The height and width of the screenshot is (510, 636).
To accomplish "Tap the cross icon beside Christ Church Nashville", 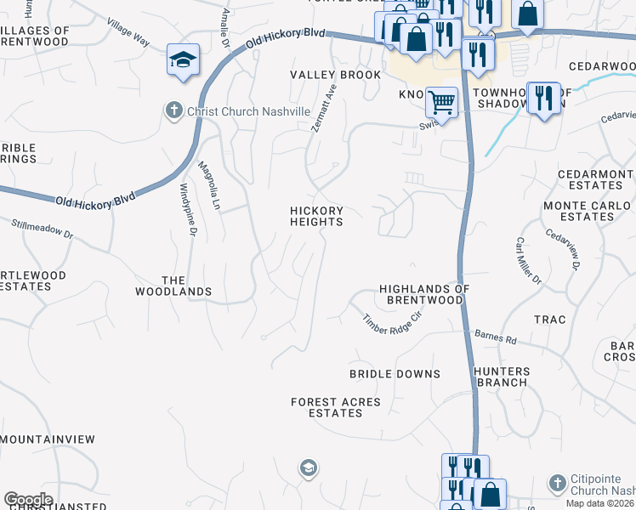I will [173, 110].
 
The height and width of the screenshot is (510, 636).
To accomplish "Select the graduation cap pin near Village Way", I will [183, 59].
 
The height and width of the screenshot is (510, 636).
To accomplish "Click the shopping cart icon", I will [440, 102].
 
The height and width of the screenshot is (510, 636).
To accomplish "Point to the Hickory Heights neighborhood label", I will [316, 216].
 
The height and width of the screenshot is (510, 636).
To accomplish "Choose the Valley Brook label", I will [336, 75].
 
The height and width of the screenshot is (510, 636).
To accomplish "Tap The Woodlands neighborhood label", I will [173, 286].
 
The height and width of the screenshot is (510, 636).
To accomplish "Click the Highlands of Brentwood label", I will [424, 294].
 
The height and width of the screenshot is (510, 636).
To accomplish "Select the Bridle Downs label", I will [395, 374].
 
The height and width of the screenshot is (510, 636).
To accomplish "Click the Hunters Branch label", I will [502, 377].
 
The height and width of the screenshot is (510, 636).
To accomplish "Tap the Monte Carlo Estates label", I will [588, 211].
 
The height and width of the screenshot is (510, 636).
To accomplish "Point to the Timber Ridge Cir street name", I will [392, 321].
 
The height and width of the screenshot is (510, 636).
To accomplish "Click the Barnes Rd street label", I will [496, 337].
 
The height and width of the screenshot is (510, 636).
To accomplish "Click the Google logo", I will [28, 500].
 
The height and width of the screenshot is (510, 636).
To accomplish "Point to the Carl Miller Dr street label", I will [528, 260].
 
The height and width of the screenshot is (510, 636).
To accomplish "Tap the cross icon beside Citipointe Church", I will [557, 483].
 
